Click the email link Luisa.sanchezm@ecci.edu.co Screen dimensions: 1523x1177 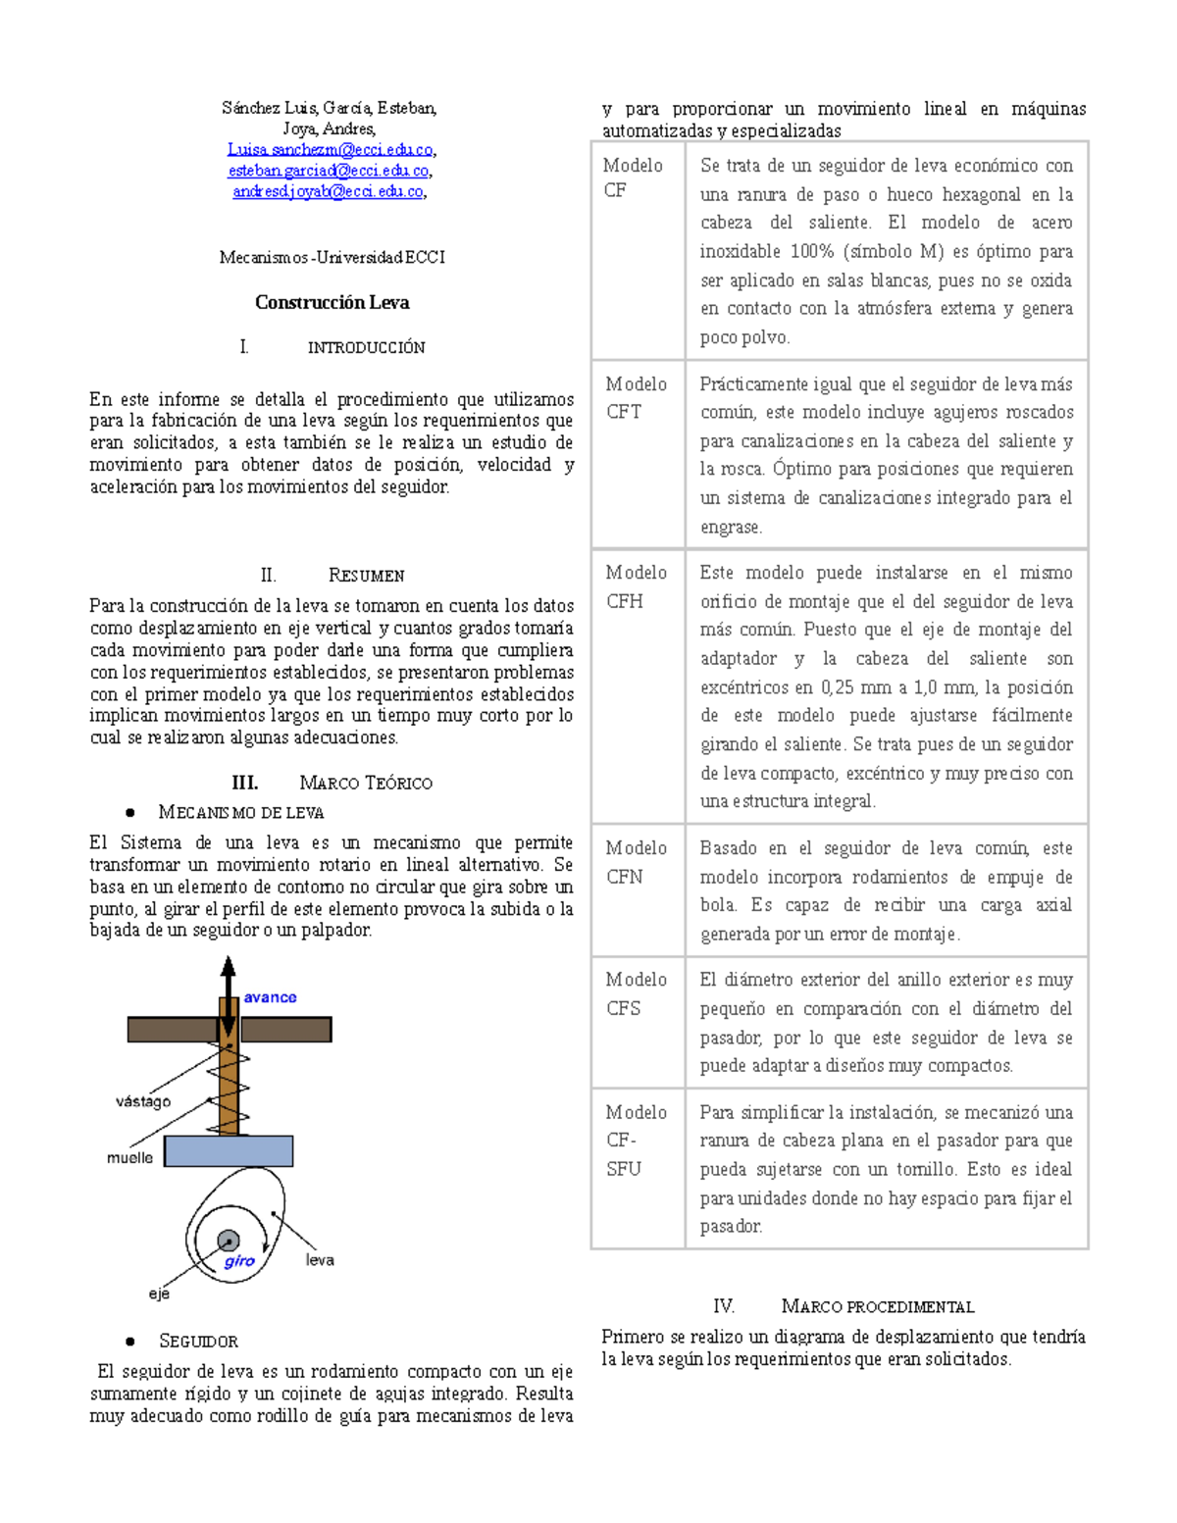click(x=330, y=150)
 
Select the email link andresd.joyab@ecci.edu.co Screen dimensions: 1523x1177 click(x=328, y=192)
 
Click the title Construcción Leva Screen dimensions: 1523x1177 click(x=332, y=303)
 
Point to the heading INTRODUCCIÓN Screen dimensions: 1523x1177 click(x=366, y=348)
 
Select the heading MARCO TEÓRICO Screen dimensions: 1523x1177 click(x=365, y=784)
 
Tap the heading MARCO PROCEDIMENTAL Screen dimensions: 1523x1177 click(x=877, y=1307)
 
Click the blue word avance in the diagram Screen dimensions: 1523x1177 click(x=270, y=997)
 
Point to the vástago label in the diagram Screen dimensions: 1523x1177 click(x=143, y=1101)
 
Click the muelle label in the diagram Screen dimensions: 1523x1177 click(x=129, y=1158)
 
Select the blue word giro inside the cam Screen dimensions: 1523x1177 click(x=239, y=1261)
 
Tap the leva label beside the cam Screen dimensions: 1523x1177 click(x=320, y=1260)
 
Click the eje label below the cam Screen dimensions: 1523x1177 click(x=159, y=1295)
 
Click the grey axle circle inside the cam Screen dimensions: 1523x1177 click(x=229, y=1241)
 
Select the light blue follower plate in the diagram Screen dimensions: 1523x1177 click(x=229, y=1151)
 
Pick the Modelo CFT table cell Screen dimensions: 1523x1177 click(x=638, y=398)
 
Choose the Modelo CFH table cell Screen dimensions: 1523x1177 click(x=638, y=586)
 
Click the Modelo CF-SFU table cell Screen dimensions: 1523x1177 click(x=638, y=1141)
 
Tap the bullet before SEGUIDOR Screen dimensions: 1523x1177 click(x=129, y=1342)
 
